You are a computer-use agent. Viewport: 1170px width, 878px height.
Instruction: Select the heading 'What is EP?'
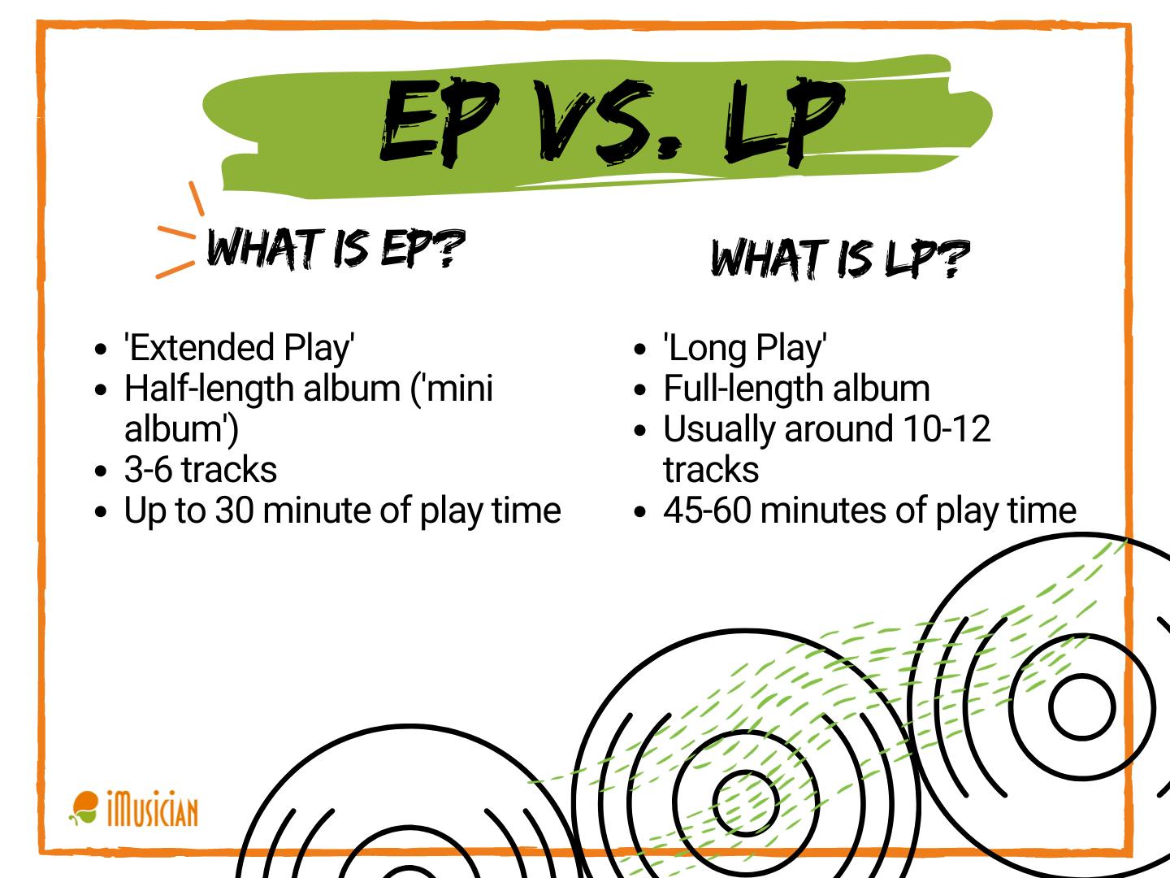(x=336, y=249)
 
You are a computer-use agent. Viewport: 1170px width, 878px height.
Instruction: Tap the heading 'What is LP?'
(x=839, y=259)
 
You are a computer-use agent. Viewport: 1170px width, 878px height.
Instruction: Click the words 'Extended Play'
(x=240, y=348)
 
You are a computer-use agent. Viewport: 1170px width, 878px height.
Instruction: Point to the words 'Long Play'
(x=745, y=348)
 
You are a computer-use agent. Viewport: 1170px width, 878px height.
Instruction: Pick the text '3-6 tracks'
(x=201, y=470)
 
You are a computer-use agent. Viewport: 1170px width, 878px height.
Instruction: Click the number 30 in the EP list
(x=235, y=511)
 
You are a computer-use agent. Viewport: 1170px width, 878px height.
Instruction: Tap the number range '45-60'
(x=706, y=511)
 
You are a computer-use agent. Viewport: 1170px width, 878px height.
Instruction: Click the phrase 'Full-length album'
(x=796, y=389)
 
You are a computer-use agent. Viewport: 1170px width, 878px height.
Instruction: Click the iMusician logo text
(x=152, y=811)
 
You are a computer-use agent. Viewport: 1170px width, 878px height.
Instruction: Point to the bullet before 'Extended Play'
(x=101, y=350)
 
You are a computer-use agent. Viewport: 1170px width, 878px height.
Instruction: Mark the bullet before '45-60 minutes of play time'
(x=640, y=512)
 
